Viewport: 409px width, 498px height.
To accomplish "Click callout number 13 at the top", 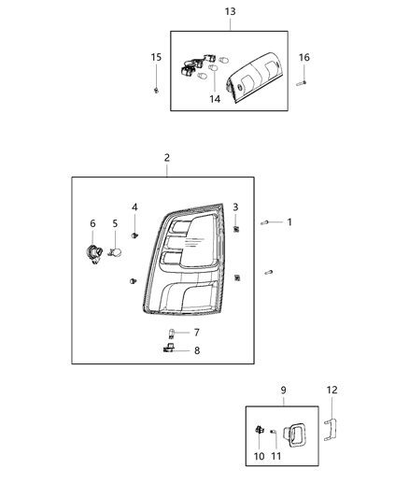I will coord(230,12).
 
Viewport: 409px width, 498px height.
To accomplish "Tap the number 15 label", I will coord(156,58).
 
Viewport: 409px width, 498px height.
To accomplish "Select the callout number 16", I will coord(303,58).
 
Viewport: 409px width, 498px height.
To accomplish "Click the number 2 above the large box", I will coord(166,158).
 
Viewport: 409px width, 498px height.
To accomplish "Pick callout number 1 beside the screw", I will coord(289,222).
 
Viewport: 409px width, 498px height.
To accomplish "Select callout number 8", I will coord(196,351).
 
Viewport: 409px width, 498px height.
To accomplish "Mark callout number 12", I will coord(332,391).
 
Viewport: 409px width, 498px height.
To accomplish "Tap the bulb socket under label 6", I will coord(95,251).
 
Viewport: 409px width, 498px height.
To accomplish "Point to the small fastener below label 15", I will coord(156,90).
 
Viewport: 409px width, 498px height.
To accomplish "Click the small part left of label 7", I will coord(172,332).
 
